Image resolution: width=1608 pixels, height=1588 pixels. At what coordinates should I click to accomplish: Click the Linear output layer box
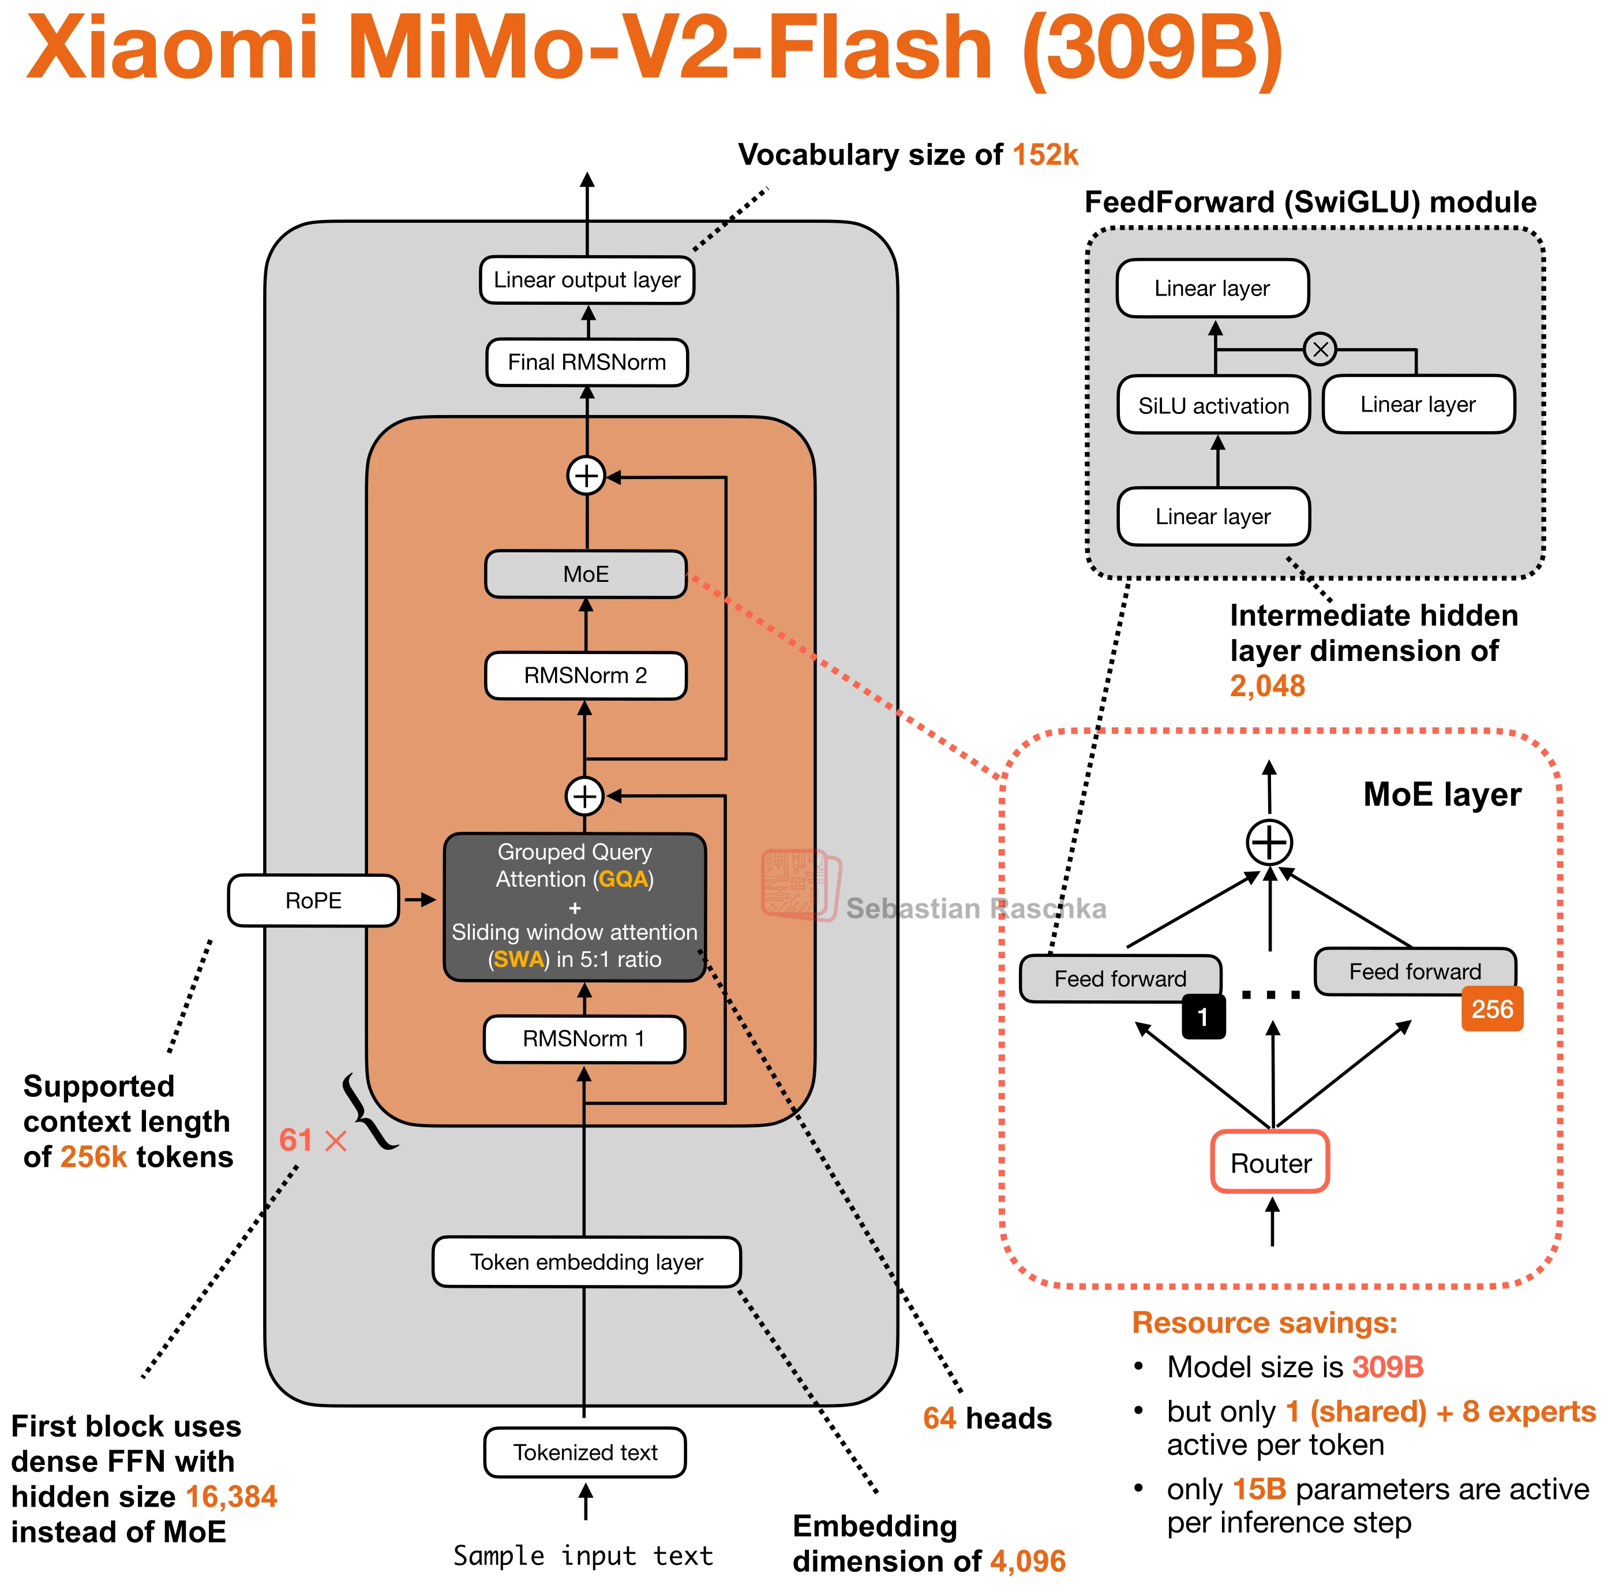click(x=587, y=280)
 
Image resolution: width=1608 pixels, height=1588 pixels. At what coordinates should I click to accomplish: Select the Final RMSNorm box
click(x=587, y=363)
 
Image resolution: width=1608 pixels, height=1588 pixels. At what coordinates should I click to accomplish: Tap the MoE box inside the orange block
click(x=586, y=574)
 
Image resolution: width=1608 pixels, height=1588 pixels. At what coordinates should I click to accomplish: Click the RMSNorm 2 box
click(x=585, y=675)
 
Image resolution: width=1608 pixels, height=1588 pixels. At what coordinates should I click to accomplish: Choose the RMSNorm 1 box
click(x=583, y=1038)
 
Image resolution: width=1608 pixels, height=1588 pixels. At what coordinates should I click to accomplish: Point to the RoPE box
click(x=313, y=900)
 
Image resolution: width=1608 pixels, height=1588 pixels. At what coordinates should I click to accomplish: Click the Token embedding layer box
click(x=586, y=1262)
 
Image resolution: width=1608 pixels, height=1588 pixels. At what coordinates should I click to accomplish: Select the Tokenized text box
click(x=585, y=1452)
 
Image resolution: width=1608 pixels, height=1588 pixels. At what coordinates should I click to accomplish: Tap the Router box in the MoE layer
click(x=1270, y=1163)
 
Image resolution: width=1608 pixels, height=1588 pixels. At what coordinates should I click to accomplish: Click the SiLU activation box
click(x=1213, y=406)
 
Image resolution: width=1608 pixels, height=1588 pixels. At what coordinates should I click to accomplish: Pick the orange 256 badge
click(x=1492, y=1009)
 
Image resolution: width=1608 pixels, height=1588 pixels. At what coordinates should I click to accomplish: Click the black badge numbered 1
click(x=1202, y=1017)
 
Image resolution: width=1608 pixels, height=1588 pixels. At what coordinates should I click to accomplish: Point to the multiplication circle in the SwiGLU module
click(x=1320, y=349)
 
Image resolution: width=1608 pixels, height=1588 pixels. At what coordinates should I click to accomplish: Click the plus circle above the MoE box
click(x=587, y=476)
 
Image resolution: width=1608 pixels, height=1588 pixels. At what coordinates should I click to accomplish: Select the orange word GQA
click(x=623, y=879)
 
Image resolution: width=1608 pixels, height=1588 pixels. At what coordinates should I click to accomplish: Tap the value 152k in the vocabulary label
click(x=1045, y=155)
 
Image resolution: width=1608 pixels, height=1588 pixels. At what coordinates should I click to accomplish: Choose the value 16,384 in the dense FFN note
click(x=231, y=1496)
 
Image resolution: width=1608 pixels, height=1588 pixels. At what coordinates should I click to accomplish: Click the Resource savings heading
click(x=1264, y=1322)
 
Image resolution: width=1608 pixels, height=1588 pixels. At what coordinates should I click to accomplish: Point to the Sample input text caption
click(x=583, y=1556)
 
